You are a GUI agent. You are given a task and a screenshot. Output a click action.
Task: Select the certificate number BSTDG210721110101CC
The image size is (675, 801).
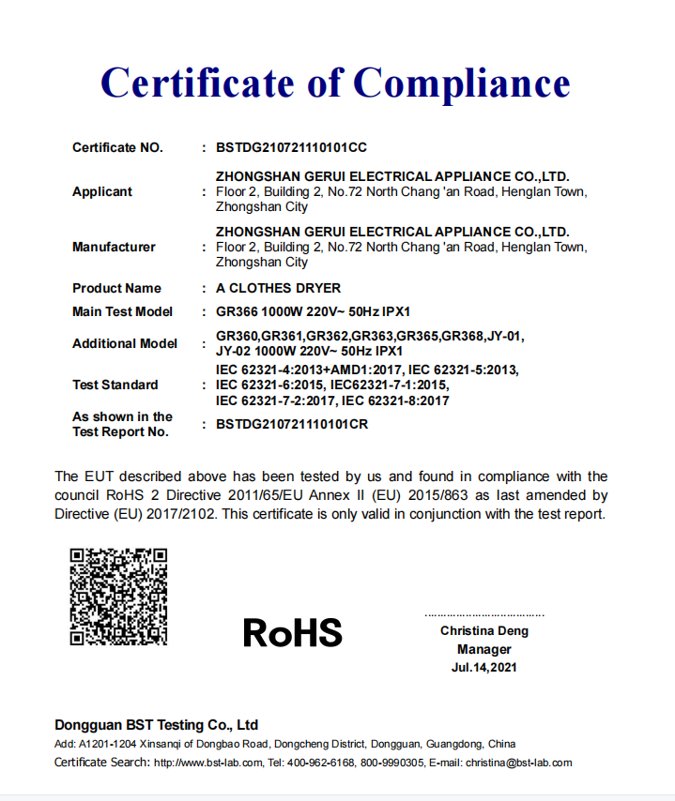(291, 147)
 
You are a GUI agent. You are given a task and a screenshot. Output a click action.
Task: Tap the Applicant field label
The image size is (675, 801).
(102, 191)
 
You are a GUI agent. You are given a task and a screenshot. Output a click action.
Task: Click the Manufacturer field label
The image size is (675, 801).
(114, 247)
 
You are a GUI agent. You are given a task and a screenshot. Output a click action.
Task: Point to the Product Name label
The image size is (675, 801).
(116, 288)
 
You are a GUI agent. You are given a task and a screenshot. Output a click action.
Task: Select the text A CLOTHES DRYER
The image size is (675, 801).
(278, 288)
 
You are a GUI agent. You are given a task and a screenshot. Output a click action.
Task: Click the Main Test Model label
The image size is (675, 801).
(123, 311)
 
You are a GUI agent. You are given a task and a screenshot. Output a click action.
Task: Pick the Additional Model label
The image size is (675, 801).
(125, 343)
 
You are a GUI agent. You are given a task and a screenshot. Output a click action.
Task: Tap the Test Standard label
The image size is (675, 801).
(115, 385)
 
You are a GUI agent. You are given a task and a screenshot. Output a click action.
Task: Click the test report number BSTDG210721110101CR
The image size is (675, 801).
(291, 424)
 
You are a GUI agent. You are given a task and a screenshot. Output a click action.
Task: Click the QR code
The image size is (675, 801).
(118, 597)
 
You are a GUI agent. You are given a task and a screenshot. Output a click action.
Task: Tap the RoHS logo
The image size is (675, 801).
(293, 632)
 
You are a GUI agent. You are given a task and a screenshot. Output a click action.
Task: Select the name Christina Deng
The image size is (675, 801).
(484, 631)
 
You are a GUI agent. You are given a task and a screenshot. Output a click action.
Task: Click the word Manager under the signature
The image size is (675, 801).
(484, 649)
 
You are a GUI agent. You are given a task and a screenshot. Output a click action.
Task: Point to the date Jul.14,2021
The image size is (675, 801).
(484, 668)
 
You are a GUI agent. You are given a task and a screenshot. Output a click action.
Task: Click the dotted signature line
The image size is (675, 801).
(484, 615)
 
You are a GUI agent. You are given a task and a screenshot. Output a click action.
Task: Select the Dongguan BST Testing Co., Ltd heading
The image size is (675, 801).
(156, 725)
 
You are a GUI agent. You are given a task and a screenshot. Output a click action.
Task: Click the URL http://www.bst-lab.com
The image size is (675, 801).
(208, 763)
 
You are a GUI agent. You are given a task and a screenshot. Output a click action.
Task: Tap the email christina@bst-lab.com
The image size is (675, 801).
(519, 763)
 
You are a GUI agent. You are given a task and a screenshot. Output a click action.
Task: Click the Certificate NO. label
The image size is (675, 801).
(117, 147)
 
